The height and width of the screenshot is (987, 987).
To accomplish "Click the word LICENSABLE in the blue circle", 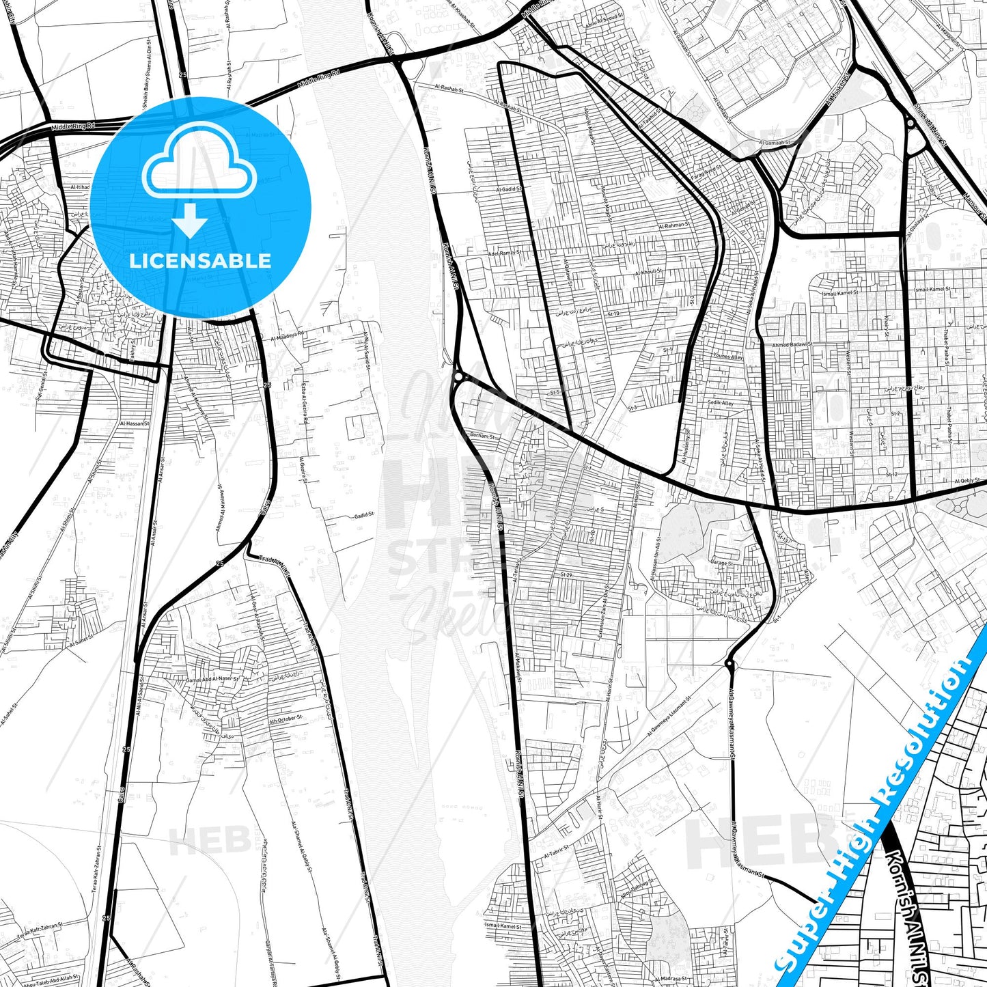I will [200, 261].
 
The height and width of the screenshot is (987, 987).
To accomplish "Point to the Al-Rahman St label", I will [673, 225].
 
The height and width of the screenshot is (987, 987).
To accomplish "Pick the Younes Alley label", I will [728, 356].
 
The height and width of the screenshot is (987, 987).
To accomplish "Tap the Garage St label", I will [721, 564].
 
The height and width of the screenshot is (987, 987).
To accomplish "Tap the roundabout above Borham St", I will [457, 376].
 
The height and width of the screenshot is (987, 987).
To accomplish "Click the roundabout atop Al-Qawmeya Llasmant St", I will [730, 663].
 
